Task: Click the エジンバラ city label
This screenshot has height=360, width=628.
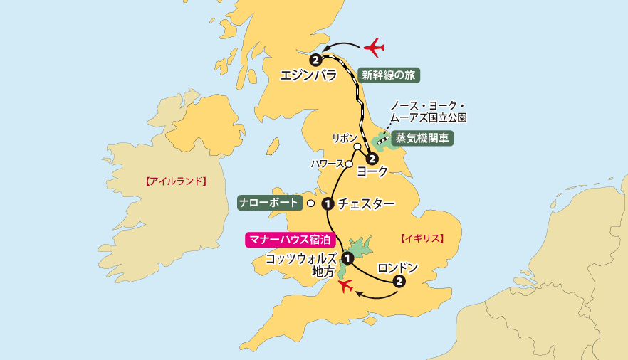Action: [308, 74]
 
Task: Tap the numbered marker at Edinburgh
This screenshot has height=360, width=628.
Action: [315, 59]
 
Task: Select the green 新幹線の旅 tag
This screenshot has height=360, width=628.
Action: [387, 73]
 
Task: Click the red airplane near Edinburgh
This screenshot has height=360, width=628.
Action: [374, 48]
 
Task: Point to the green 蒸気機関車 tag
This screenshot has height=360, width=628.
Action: [422, 138]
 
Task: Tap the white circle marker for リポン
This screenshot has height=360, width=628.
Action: [357, 147]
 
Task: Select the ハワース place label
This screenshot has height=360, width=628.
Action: [328, 164]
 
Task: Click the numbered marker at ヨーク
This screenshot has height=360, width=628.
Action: [371, 158]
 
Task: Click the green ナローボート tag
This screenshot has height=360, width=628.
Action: [268, 203]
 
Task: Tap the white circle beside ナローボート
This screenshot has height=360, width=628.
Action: [310, 203]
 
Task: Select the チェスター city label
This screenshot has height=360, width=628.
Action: [366, 203]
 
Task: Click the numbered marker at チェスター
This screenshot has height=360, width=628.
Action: [328, 203]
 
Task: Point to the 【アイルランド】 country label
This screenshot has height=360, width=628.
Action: [175, 181]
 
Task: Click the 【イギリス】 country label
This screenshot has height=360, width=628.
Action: [422, 238]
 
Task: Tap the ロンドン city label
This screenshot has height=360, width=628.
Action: [397, 268]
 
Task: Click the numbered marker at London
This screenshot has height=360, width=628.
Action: [399, 282]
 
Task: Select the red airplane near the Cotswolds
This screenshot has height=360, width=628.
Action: [347, 286]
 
